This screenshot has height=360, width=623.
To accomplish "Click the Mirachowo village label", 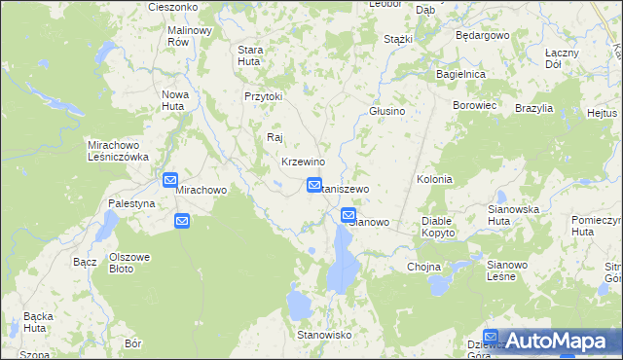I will (x=201, y=191).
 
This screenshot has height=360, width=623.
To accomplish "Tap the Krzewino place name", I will (x=302, y=162).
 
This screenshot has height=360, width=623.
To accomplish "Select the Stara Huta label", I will (x=251, y=55).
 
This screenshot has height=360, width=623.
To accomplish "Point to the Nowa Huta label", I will (x=172, y=100).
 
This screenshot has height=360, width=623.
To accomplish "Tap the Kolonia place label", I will (x=434, y=180).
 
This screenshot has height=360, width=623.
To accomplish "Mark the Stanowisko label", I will (x=323, y=335).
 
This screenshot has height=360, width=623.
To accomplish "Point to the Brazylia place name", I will (x=534, y=108).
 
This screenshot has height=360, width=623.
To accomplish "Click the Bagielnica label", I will (x=461, y=74).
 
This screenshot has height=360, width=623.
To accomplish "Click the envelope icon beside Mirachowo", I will (x=169, y=180).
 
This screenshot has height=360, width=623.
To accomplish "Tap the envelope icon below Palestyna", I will (x=182, y=221).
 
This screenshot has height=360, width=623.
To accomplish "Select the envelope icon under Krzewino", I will (x=314, y=184).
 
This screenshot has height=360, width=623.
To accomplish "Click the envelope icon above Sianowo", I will (x=348, y=215).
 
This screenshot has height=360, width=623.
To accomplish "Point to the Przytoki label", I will (x=263, y=96).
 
